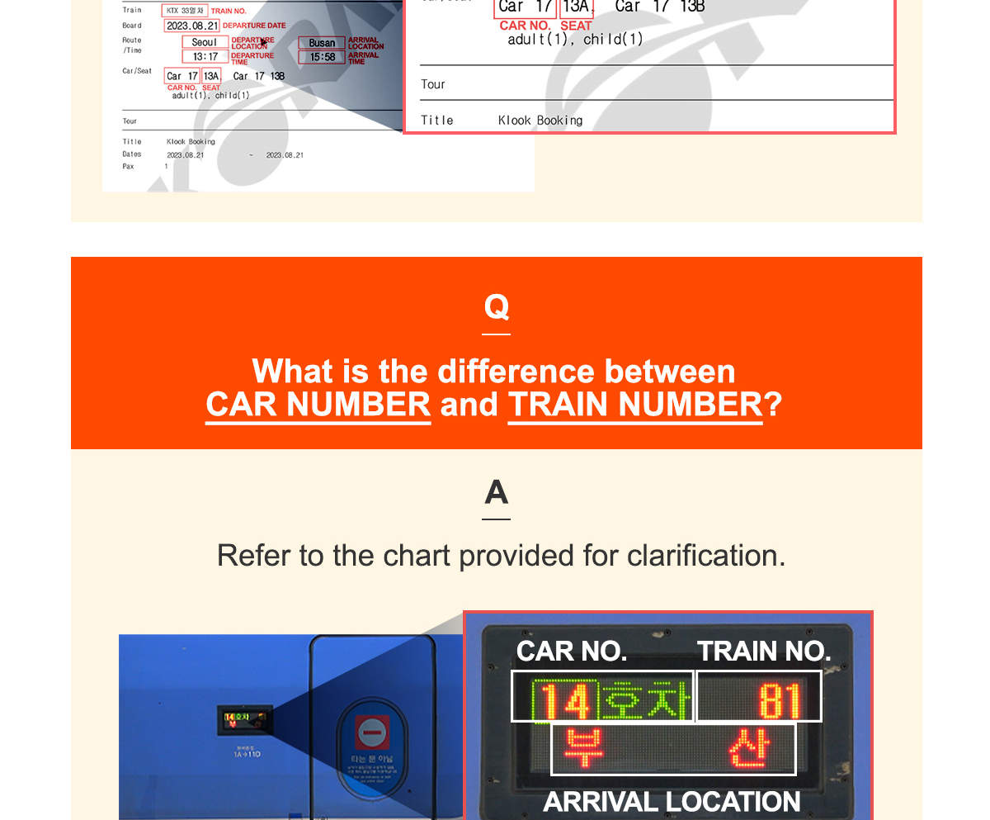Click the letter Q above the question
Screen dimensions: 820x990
pyautogui.click(x=496, y=307)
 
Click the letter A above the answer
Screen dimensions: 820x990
pyautogui.click(x=496, y=493)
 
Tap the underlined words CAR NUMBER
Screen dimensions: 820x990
pyautogui.click(x=318, y=405)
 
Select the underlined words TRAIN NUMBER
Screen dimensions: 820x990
pyautogui.click(x=634, y=405)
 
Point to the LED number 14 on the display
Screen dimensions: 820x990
pyautogui.click(x=564, y=699)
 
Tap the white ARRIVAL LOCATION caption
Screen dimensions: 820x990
pyautogui.click(x=672, y=801)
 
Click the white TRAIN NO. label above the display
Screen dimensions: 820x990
pyautogui.click(x=763, y=652)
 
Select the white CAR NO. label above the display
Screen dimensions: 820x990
pyautogui.click(x=571, y=652)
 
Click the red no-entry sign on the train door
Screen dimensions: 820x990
pyautogui.click(x=372, y=731)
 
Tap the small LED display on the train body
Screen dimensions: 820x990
pyautogui.click(x=244, y=719)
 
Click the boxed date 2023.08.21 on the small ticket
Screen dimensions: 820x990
pyautogui.click(x=191, y=26)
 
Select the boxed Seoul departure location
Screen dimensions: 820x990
pyautogui.click(x=205, y=42)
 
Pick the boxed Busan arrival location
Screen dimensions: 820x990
pyautogui.click(x=322, y=43)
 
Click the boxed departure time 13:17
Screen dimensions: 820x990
pyautogui.click(x=205, y=57)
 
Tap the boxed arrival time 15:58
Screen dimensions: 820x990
pyautogui.click(x=322, y=57)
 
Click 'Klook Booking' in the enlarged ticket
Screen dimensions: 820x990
pyautogui.click(x=540, y=121)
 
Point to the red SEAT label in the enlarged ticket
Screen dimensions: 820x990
pyautogui.click(x=576, y=26)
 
